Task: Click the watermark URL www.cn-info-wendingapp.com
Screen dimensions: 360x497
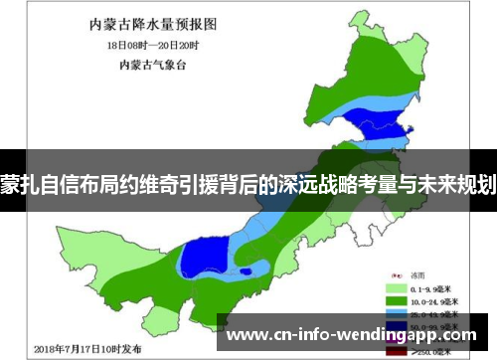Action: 353,334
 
